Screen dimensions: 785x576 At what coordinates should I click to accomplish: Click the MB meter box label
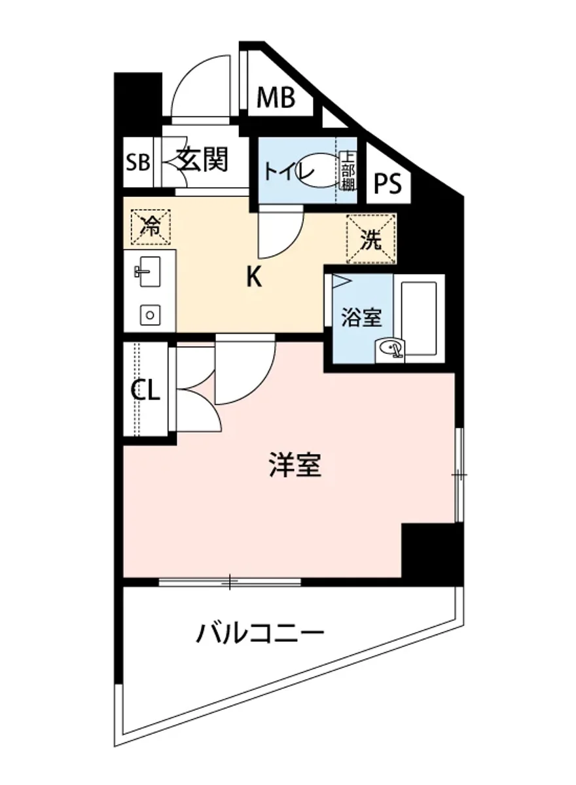(276, 98)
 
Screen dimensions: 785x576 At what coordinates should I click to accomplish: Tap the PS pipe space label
(387, 184)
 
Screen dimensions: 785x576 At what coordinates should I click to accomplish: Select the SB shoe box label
(138, 162)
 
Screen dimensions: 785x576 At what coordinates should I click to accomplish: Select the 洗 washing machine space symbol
(371, 240)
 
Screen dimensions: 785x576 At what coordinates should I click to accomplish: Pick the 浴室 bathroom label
(360, 318)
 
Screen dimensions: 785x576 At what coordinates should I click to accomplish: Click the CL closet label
(145, 391)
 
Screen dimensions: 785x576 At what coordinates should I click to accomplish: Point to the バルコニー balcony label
(261, 633)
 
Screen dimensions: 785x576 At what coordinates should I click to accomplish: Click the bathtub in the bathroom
(418, 319)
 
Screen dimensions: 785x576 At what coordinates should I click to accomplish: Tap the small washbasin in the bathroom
(391, 351)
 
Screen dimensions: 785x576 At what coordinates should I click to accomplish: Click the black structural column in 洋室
(432, 551)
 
